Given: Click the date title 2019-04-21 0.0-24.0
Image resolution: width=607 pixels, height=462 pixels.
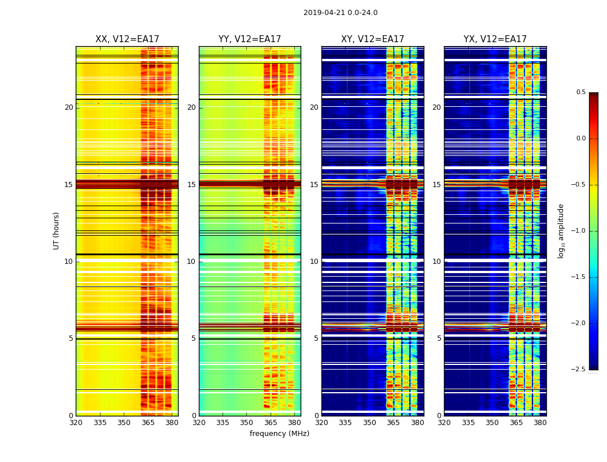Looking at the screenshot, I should [x=340, y=13].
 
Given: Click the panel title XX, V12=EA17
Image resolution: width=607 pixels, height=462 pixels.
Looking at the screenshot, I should [x=127, y=39].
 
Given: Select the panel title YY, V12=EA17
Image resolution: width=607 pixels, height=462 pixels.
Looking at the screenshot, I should [x=250, y=39].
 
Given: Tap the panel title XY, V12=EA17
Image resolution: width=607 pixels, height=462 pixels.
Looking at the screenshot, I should [x=372, y=39].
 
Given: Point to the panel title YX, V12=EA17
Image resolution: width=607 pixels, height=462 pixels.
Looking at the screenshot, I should [x=495, y=39].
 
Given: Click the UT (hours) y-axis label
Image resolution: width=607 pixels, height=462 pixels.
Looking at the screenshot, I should [x=57, y=230].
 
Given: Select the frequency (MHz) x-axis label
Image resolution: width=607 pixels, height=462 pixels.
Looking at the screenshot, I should [x=279, y=434].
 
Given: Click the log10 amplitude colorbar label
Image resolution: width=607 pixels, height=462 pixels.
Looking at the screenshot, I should [x=561, y=230].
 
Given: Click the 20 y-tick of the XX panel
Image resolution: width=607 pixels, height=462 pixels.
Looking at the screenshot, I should [x=69, y=107].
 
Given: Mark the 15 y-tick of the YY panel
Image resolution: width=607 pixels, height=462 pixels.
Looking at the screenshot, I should [x=191, y=185].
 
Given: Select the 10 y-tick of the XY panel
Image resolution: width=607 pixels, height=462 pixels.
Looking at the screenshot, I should [x=314, y=262].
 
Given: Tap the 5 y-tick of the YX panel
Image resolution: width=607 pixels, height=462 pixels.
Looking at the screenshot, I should [x=439, y=338].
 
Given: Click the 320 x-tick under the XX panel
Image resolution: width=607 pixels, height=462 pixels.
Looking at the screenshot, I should [x=76, y=423].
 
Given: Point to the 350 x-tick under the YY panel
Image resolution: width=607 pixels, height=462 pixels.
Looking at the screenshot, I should [x=247, y=423].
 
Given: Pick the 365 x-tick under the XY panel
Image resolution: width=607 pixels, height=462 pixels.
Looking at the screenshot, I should [x=394, y=423].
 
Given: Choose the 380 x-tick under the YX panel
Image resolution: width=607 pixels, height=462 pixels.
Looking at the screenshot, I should [x=540, y=423].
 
